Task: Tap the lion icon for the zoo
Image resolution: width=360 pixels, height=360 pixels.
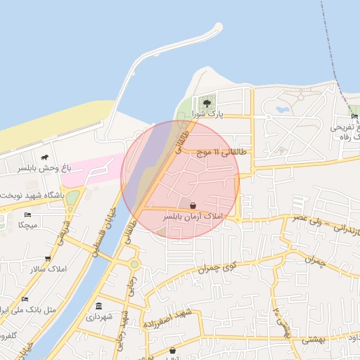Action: pyautogui.click(x=45, y=157)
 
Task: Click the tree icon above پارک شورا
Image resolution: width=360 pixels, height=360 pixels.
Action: pyautogui.click(x=206, y=103)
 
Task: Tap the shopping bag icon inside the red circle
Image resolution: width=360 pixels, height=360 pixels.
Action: pyautogui.click(x=193, y=205)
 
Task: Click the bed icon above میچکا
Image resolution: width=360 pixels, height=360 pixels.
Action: pyautogui.click(x=27, y=214)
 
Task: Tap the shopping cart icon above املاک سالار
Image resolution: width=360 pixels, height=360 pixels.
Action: pyautogui.click(x=48, y=259)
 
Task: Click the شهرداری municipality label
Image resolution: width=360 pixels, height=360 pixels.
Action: pyautogui.click(x=98, y=317)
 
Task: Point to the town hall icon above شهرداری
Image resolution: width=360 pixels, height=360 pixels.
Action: pyautogui.click(x=98, y=306)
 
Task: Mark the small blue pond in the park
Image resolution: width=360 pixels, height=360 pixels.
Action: pyautogui.click(x=283, y=110)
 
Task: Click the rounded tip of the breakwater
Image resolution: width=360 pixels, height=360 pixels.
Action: pyautogui.click(x=218, y=27)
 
